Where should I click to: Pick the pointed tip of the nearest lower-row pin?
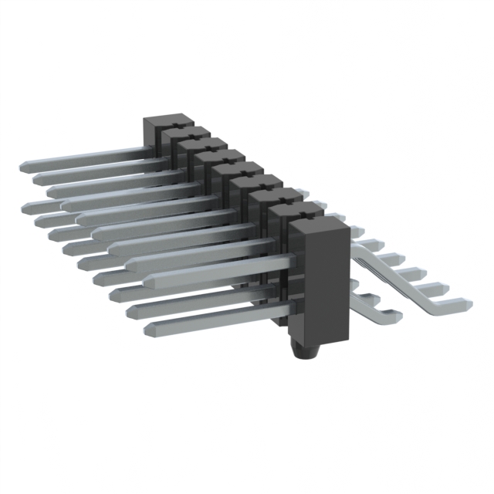147,329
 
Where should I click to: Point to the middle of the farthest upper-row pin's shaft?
85,157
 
